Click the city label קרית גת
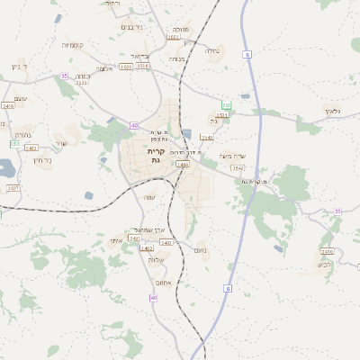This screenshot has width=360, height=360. pos(156,156)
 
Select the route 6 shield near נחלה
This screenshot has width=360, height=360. pos(247,55)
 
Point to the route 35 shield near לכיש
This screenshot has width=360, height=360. pos(337,211)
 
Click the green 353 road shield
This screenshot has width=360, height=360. pos(14,143)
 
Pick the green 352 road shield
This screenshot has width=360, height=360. pos(227,106)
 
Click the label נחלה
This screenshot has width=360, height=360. pos(211,50)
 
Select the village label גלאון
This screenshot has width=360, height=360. pos(331,111)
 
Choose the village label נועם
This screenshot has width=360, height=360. pos(202,250)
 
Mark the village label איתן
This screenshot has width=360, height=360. pos(114,239)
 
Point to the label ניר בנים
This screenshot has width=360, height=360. pos(131,27)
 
